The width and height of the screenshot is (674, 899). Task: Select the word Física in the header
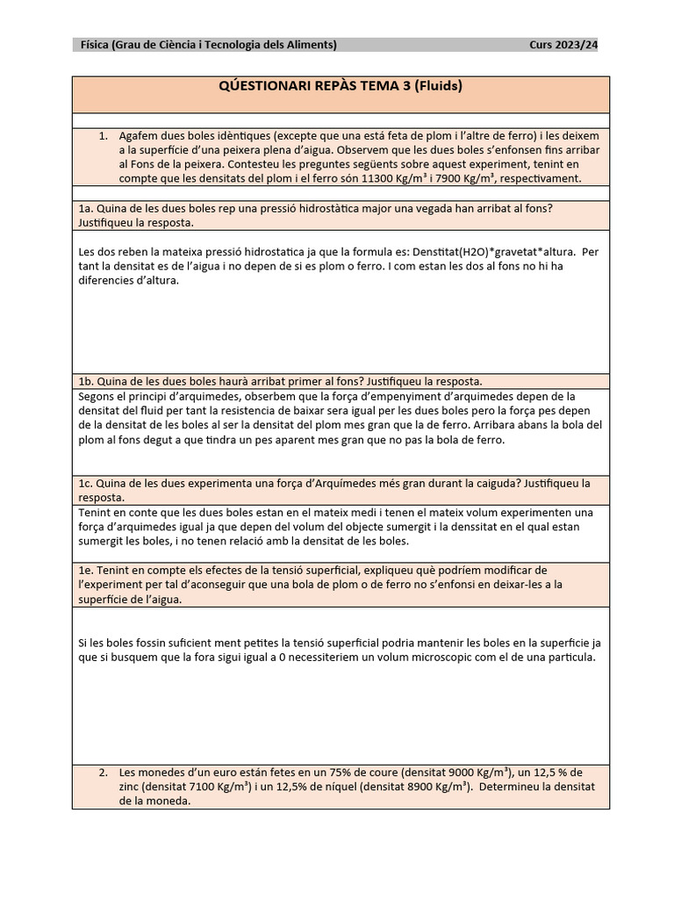[x=95, y=46]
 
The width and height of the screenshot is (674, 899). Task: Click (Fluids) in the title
[x=439, y=86]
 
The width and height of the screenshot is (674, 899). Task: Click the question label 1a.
[x=85, y=209]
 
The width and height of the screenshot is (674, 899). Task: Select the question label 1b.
[x=85, y=381]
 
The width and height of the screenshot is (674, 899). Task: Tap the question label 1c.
[x=85, y=484]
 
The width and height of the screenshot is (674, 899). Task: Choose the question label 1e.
[x=85, y=571]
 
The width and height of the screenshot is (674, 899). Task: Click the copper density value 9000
[x=462, y=773]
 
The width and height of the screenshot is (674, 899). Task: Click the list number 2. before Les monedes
[x=104, y=773]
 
